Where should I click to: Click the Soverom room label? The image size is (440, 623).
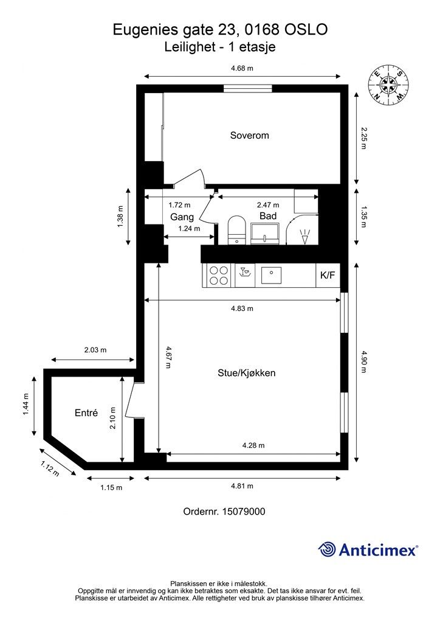click(x=249, y=135)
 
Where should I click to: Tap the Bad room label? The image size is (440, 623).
click(x=268, y=216)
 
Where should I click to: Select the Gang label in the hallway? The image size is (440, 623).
click(x=182, y=217)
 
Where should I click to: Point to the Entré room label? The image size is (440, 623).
click(x=86, y=412)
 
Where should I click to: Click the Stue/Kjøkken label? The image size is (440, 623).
click(x=247, y=372)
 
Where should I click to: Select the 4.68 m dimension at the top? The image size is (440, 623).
click(x=242, y=68)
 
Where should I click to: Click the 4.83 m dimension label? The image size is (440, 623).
click(x=242, y=308)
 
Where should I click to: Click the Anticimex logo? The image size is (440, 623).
click(x=368, y=549)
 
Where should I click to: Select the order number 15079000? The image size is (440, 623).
click(x=224, y=512)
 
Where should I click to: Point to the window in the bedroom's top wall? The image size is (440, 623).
click(x=247, y=89)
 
